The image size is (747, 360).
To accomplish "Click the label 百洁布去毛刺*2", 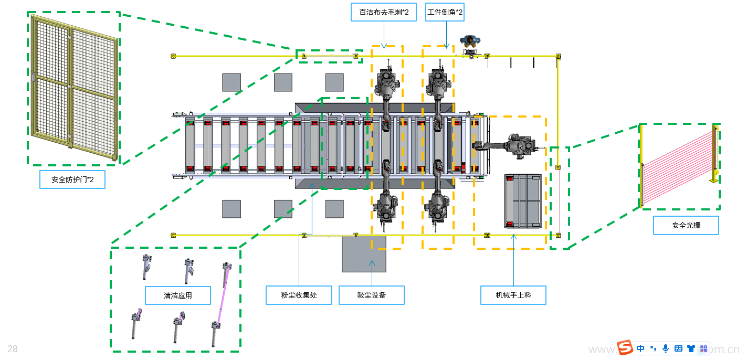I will [383, 12].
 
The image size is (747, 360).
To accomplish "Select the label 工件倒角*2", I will [445, 12].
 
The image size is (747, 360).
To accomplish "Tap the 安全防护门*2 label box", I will [72, 180].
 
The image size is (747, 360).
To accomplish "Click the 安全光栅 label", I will [686, 226].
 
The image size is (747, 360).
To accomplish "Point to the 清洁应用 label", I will [177, 295].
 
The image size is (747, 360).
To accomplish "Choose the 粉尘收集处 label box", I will [299, 295].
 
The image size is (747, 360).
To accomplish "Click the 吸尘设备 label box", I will [372, 295].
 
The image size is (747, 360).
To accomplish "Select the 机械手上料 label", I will [513, 295].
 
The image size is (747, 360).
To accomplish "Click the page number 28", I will [13, 349].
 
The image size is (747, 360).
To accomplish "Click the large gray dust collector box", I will [364, 254].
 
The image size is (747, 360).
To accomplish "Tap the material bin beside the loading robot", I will [522, 201].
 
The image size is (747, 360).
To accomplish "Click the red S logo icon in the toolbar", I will [625, 348].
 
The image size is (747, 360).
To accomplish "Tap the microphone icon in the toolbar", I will [666, 348].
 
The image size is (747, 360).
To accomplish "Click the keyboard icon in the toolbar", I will [678, 348].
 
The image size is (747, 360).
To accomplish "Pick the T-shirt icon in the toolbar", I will [691, 348].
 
